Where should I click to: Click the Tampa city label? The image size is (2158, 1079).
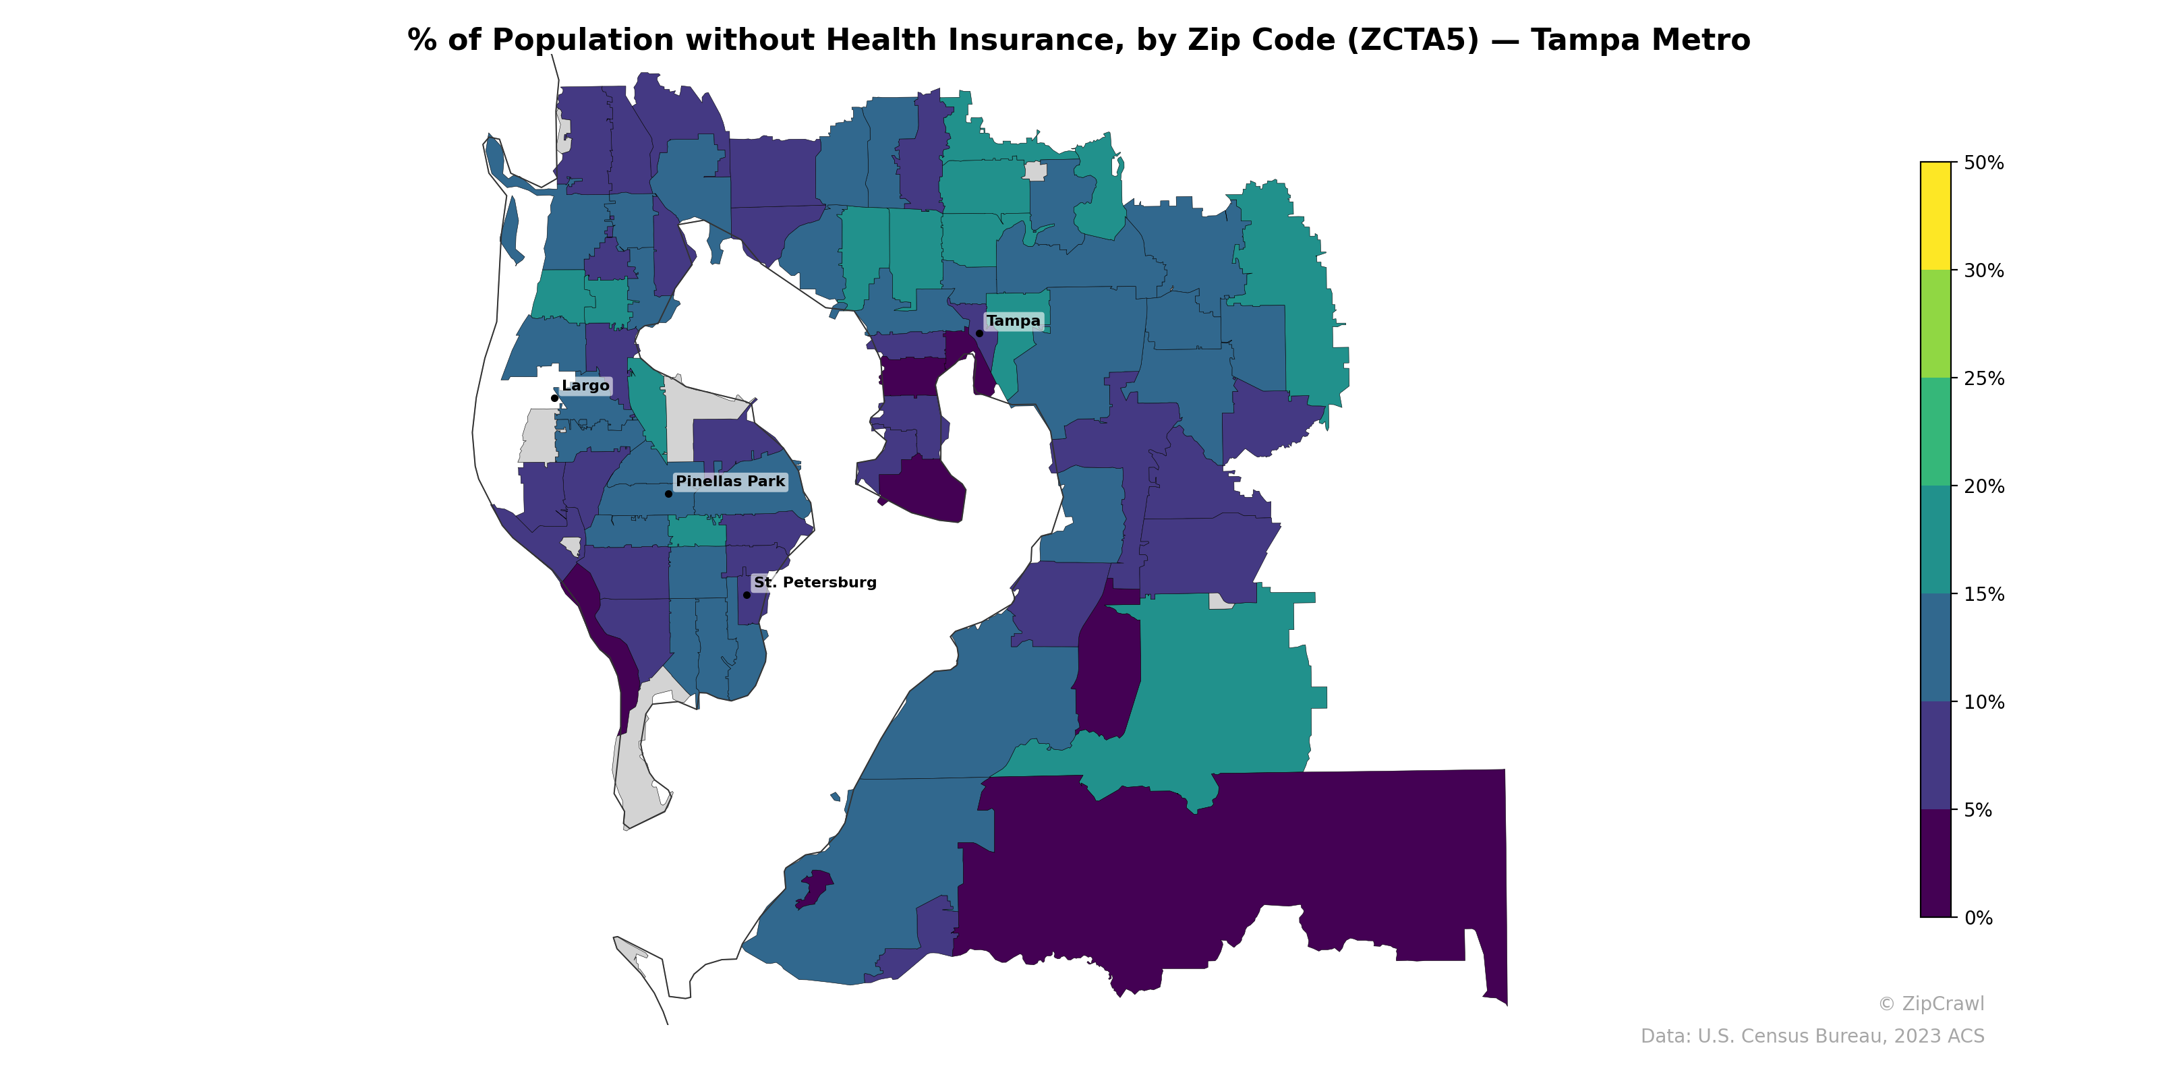pos(1013,321)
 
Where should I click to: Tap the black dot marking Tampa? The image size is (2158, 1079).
pos(979,333)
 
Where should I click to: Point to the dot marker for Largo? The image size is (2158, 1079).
pos(554,398)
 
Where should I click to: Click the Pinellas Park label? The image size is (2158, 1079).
pos(730,481)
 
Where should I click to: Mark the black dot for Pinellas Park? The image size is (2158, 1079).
pos(668,494)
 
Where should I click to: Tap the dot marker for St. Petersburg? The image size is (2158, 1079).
pos(747,595)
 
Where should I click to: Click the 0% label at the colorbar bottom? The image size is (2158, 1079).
pos(1978,918)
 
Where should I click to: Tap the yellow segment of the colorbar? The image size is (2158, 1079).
pos(1935,215)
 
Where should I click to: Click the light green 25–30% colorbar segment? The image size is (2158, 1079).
pos(1935,324)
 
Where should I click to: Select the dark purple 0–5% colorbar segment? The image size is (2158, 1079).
pos(1935,863)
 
